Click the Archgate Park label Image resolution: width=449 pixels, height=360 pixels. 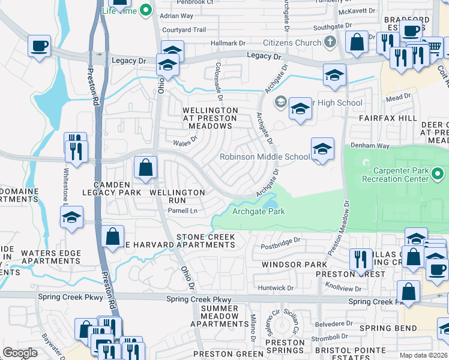[x=258, y=211]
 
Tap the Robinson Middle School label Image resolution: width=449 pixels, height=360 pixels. [x=265, y=157]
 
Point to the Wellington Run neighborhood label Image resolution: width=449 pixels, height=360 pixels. [x=177, y=197]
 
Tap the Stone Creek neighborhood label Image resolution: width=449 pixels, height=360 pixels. [x=205, y=238]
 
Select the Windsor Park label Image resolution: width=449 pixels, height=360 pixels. [x=294, y=265]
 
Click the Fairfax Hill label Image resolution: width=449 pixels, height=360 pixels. [x=387, y=118]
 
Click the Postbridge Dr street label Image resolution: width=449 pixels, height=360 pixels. [x=280, y=247]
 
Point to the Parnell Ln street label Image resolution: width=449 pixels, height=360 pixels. [x=182, y=211]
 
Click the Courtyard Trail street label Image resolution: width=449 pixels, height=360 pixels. [x=184, y=29]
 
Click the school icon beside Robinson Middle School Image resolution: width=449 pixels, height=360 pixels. [x=322, y=150]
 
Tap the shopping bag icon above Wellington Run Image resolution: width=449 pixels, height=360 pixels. [x=146, y=169]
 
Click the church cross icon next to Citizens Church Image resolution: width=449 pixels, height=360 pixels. [x=330, y=43]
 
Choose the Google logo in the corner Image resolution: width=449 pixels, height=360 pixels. [x=20, y=353]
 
